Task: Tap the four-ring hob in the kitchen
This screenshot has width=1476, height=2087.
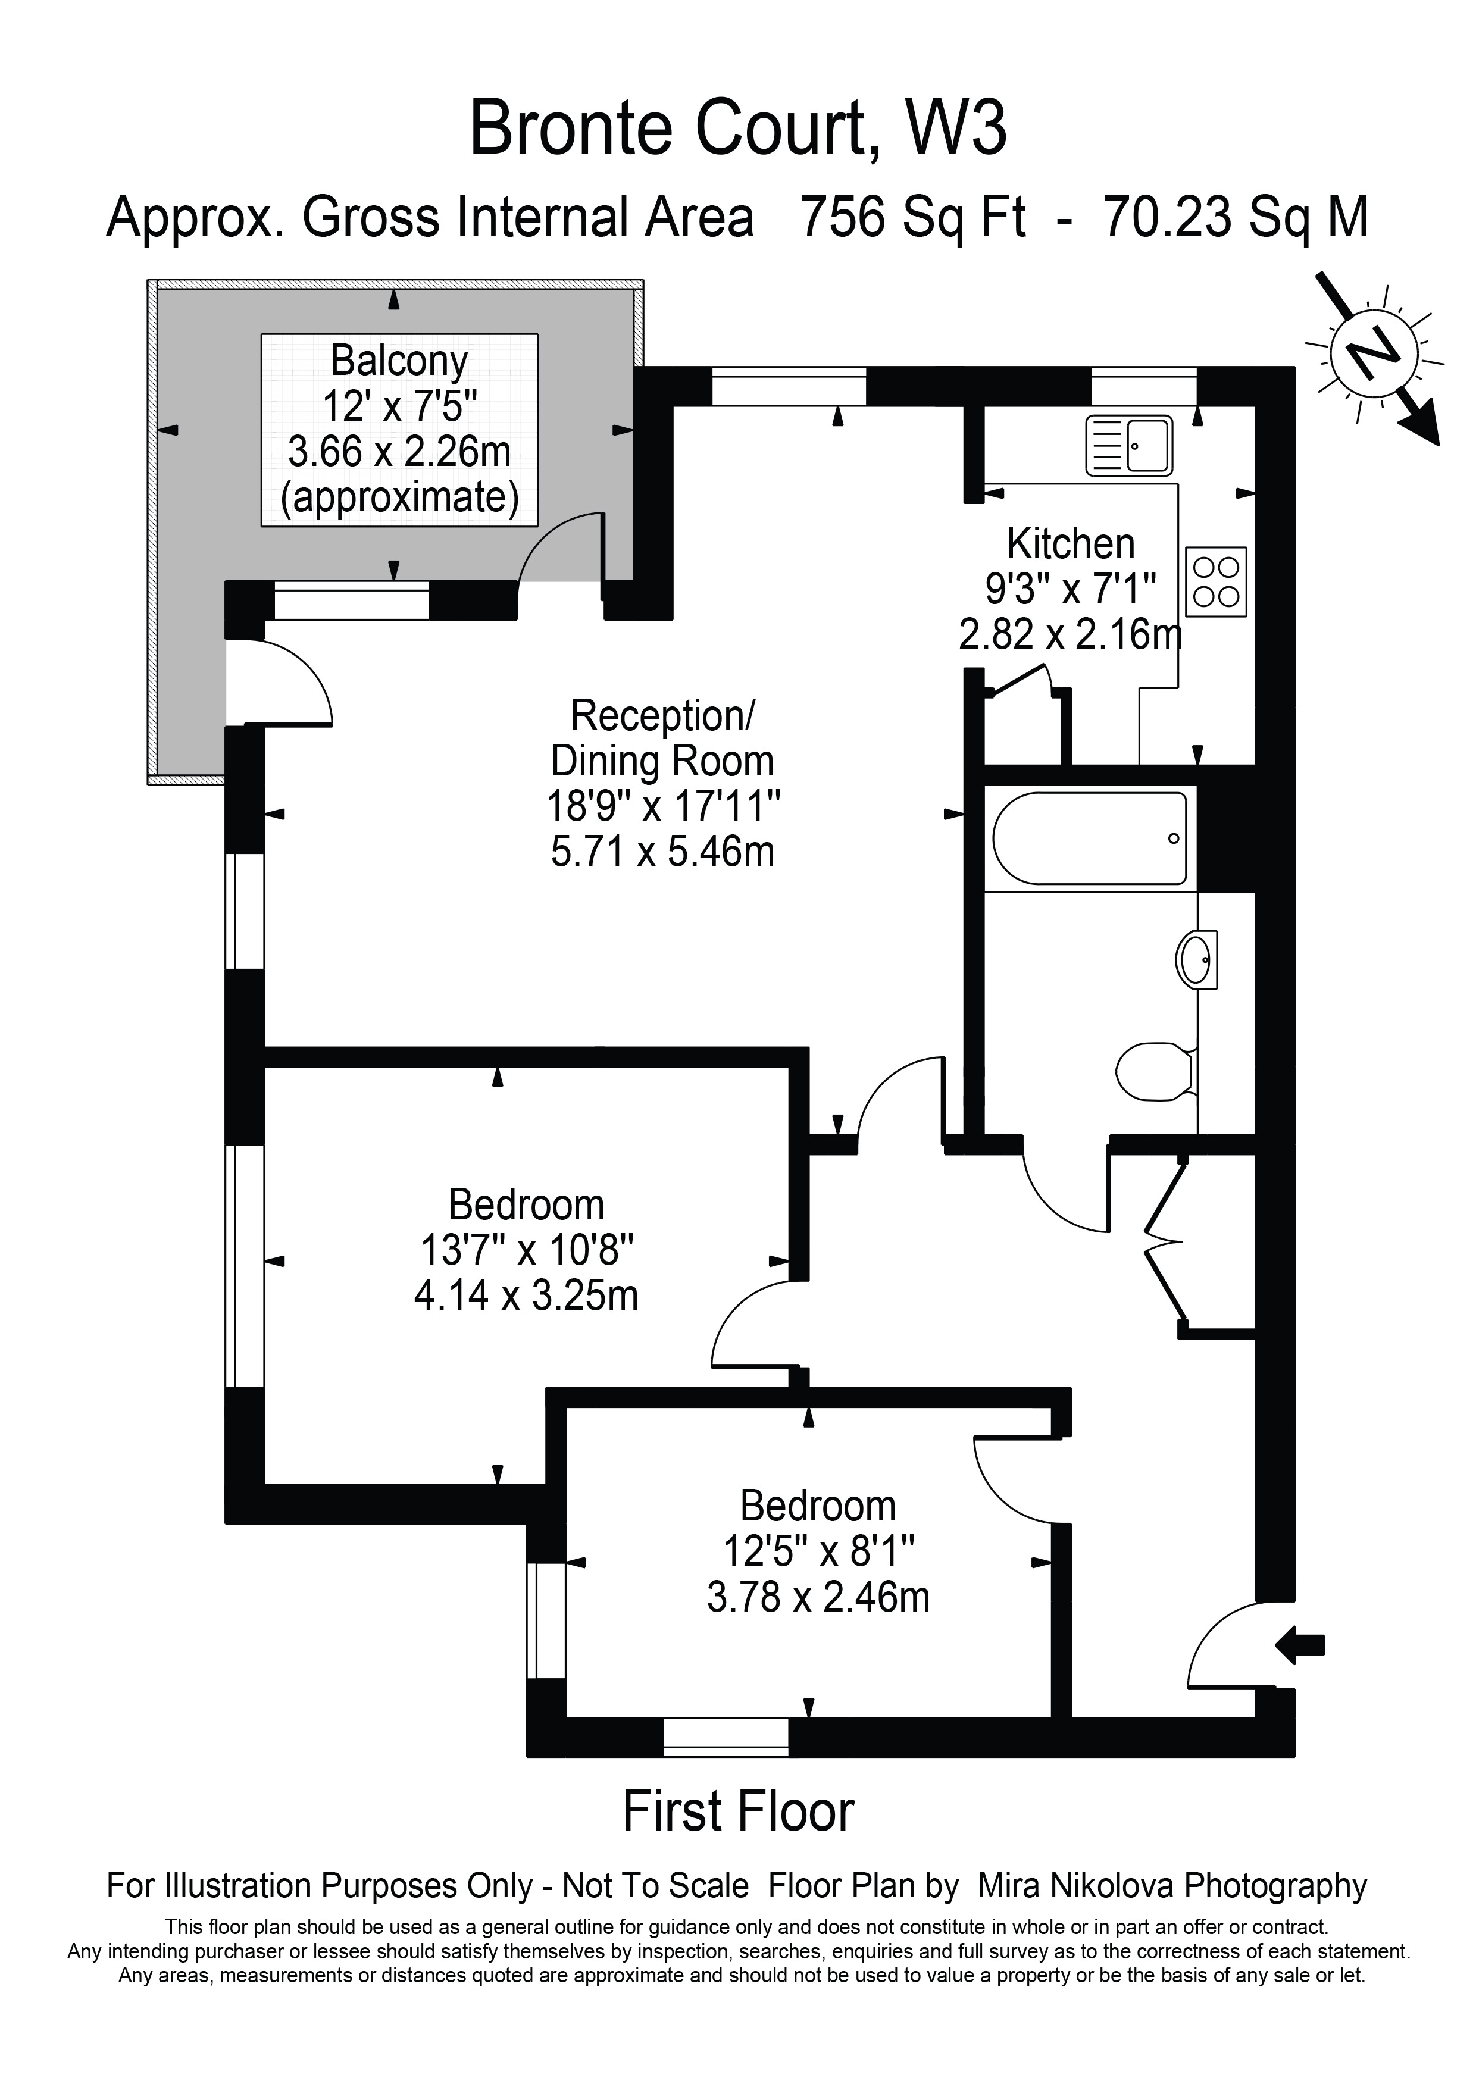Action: (x=1216, y=582)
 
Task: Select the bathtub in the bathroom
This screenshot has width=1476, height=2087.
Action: (x=1089, y=838)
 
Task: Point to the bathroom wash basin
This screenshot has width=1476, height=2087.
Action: (x=1197, y=959)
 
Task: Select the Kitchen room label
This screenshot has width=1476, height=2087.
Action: (x=1071, y=545)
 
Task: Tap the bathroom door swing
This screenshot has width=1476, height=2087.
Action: (x=1065, y=1185)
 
